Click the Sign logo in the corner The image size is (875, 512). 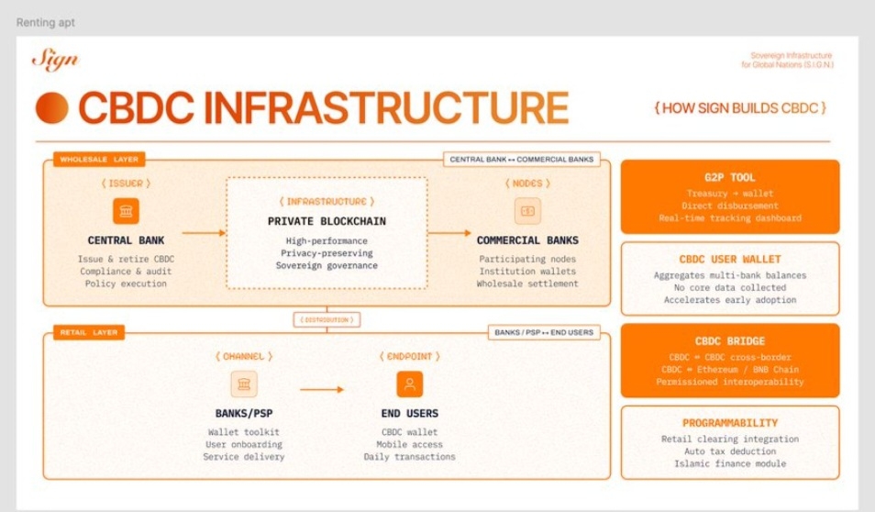55,61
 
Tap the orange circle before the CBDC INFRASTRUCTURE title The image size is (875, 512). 52,108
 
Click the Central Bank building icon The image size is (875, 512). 126,212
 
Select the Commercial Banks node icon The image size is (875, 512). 527,211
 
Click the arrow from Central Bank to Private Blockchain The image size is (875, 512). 204,233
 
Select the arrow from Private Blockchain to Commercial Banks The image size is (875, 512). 449,233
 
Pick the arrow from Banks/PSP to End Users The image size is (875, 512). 321,389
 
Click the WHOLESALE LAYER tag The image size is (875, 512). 87,160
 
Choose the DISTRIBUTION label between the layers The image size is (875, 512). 327,319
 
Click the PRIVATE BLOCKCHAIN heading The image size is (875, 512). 327,221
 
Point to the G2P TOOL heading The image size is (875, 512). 730,177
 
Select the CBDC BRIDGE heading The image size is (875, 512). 730,341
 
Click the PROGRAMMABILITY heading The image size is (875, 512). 730,423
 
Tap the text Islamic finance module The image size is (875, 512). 730,463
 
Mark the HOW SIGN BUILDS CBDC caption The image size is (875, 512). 740,108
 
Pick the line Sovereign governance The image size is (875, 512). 327,265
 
